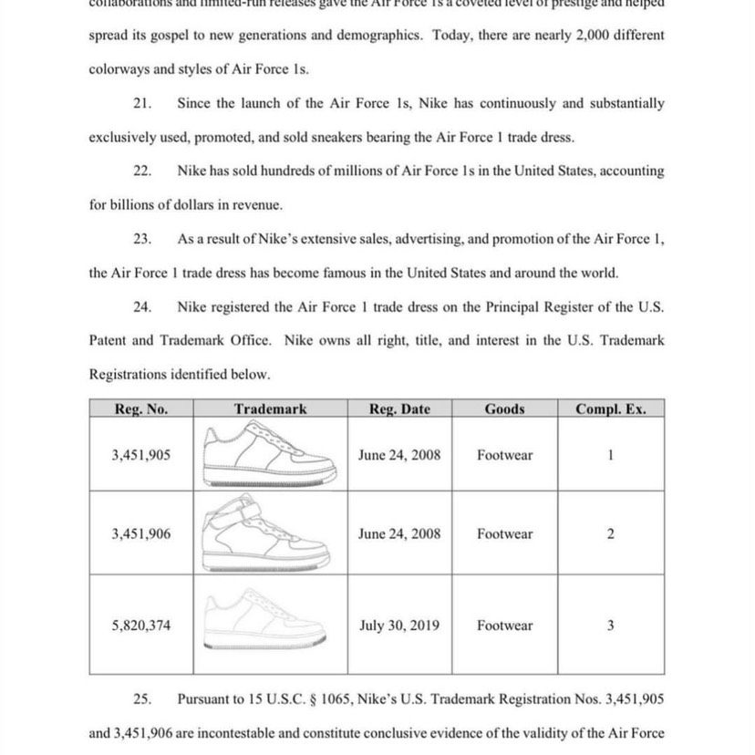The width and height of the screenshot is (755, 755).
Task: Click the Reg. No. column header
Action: coord(141,409)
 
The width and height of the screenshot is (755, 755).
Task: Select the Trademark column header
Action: coord(270,409)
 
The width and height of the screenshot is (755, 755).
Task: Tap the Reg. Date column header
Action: coord(399,409)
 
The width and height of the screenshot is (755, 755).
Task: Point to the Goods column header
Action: coord(504,409)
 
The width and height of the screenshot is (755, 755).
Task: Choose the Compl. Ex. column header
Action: coord(610,409)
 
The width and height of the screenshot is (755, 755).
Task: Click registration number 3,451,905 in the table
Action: coord(141,454)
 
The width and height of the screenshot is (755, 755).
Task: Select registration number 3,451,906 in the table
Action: coord(141,534)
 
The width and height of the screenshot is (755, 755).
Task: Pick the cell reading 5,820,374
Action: coord(141,626)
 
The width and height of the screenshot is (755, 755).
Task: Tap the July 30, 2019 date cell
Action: coord(399,626)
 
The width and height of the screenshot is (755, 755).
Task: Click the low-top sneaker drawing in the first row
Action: coord(270,454)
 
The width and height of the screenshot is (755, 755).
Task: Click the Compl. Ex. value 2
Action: coord(610,534)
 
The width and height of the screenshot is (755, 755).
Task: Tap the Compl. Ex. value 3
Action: coord(610,626)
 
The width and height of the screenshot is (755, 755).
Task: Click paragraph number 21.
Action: coord(141,104)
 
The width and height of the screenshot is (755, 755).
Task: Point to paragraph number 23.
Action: coord(141,239)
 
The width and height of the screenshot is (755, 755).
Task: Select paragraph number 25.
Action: coord(141,699)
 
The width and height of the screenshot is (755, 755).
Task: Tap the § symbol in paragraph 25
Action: coord(318,699)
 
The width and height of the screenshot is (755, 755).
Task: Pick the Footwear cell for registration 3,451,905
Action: coord(504,454)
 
